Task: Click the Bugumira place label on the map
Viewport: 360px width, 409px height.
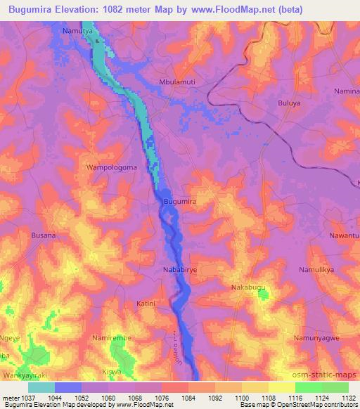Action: [x=179, y=202]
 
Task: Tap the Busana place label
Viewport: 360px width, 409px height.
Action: [x=43, y=236]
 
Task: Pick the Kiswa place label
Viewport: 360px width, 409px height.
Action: [x=112, y=371]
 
